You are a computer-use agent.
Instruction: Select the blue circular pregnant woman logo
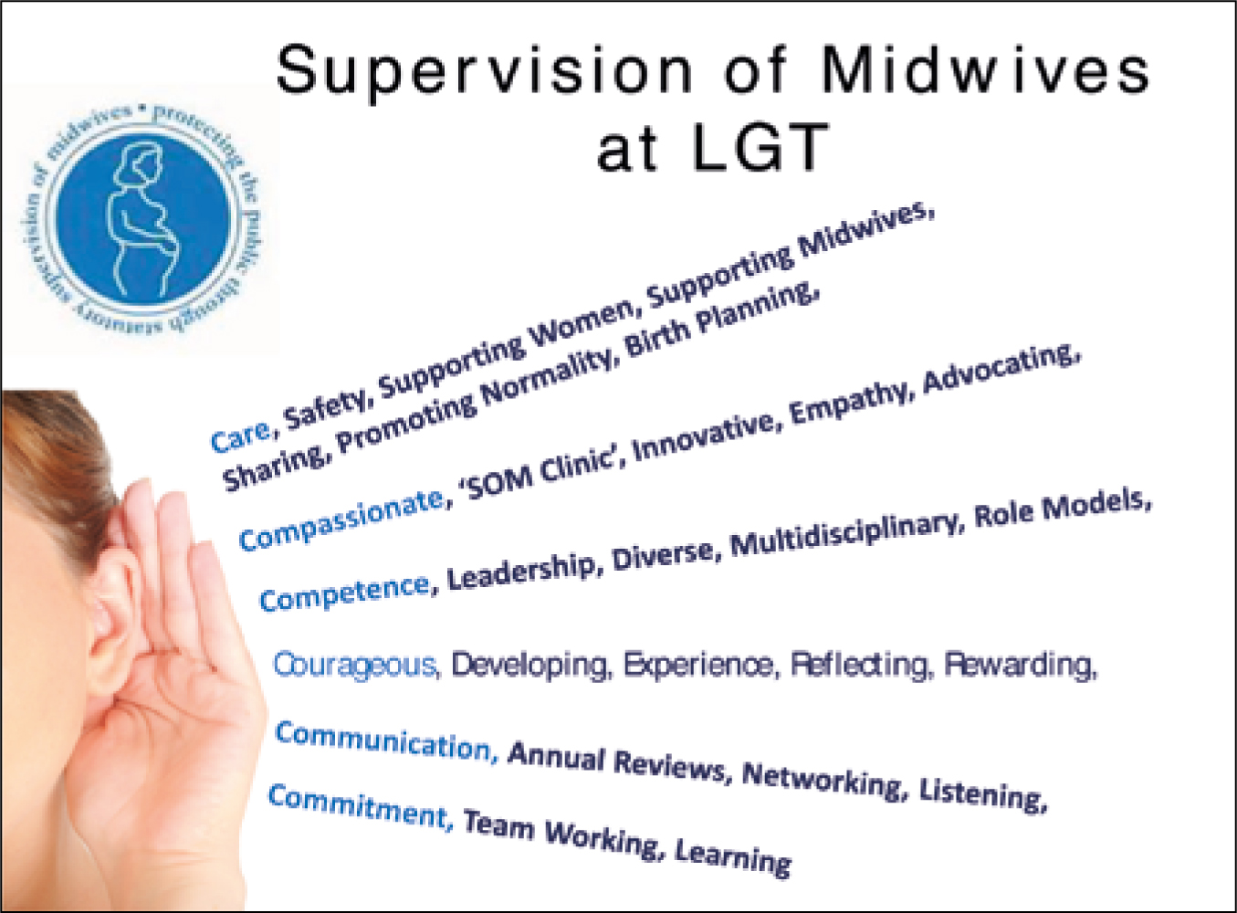143,219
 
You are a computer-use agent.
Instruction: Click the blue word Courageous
355,665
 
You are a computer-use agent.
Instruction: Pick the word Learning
733,856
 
